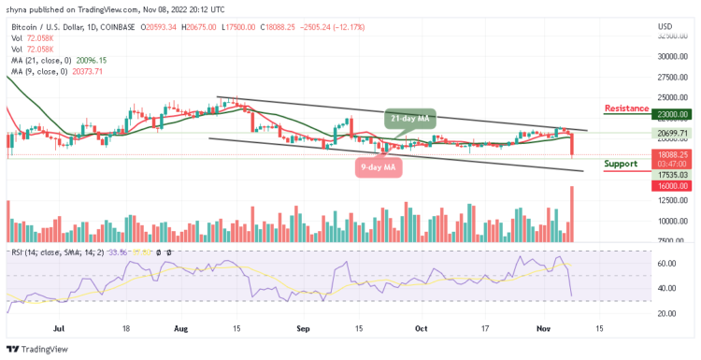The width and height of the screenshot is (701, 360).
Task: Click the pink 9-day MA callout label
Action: [x=379, y=167]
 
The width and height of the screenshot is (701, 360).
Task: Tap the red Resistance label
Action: [x=626, y=108]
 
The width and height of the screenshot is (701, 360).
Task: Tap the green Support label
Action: [x=622, y=163]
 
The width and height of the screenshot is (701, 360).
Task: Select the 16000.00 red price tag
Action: [x=671, y=185]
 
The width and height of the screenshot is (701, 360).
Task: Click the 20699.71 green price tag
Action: [x=671, y=134]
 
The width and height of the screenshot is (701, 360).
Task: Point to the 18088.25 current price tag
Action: [x=671, y=154]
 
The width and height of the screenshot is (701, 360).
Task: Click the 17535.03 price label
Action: [x=671, y=174]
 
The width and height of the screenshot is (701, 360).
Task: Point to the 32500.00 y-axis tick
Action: [x=671, y=36]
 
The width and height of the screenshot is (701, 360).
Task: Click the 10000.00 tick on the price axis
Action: [x=671, y=222]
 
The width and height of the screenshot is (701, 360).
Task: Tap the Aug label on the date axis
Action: [x=181, y=329]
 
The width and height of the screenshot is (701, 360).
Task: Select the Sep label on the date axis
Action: [x=302, y=329]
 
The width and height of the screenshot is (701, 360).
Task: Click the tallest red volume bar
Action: [x=571, y=215]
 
